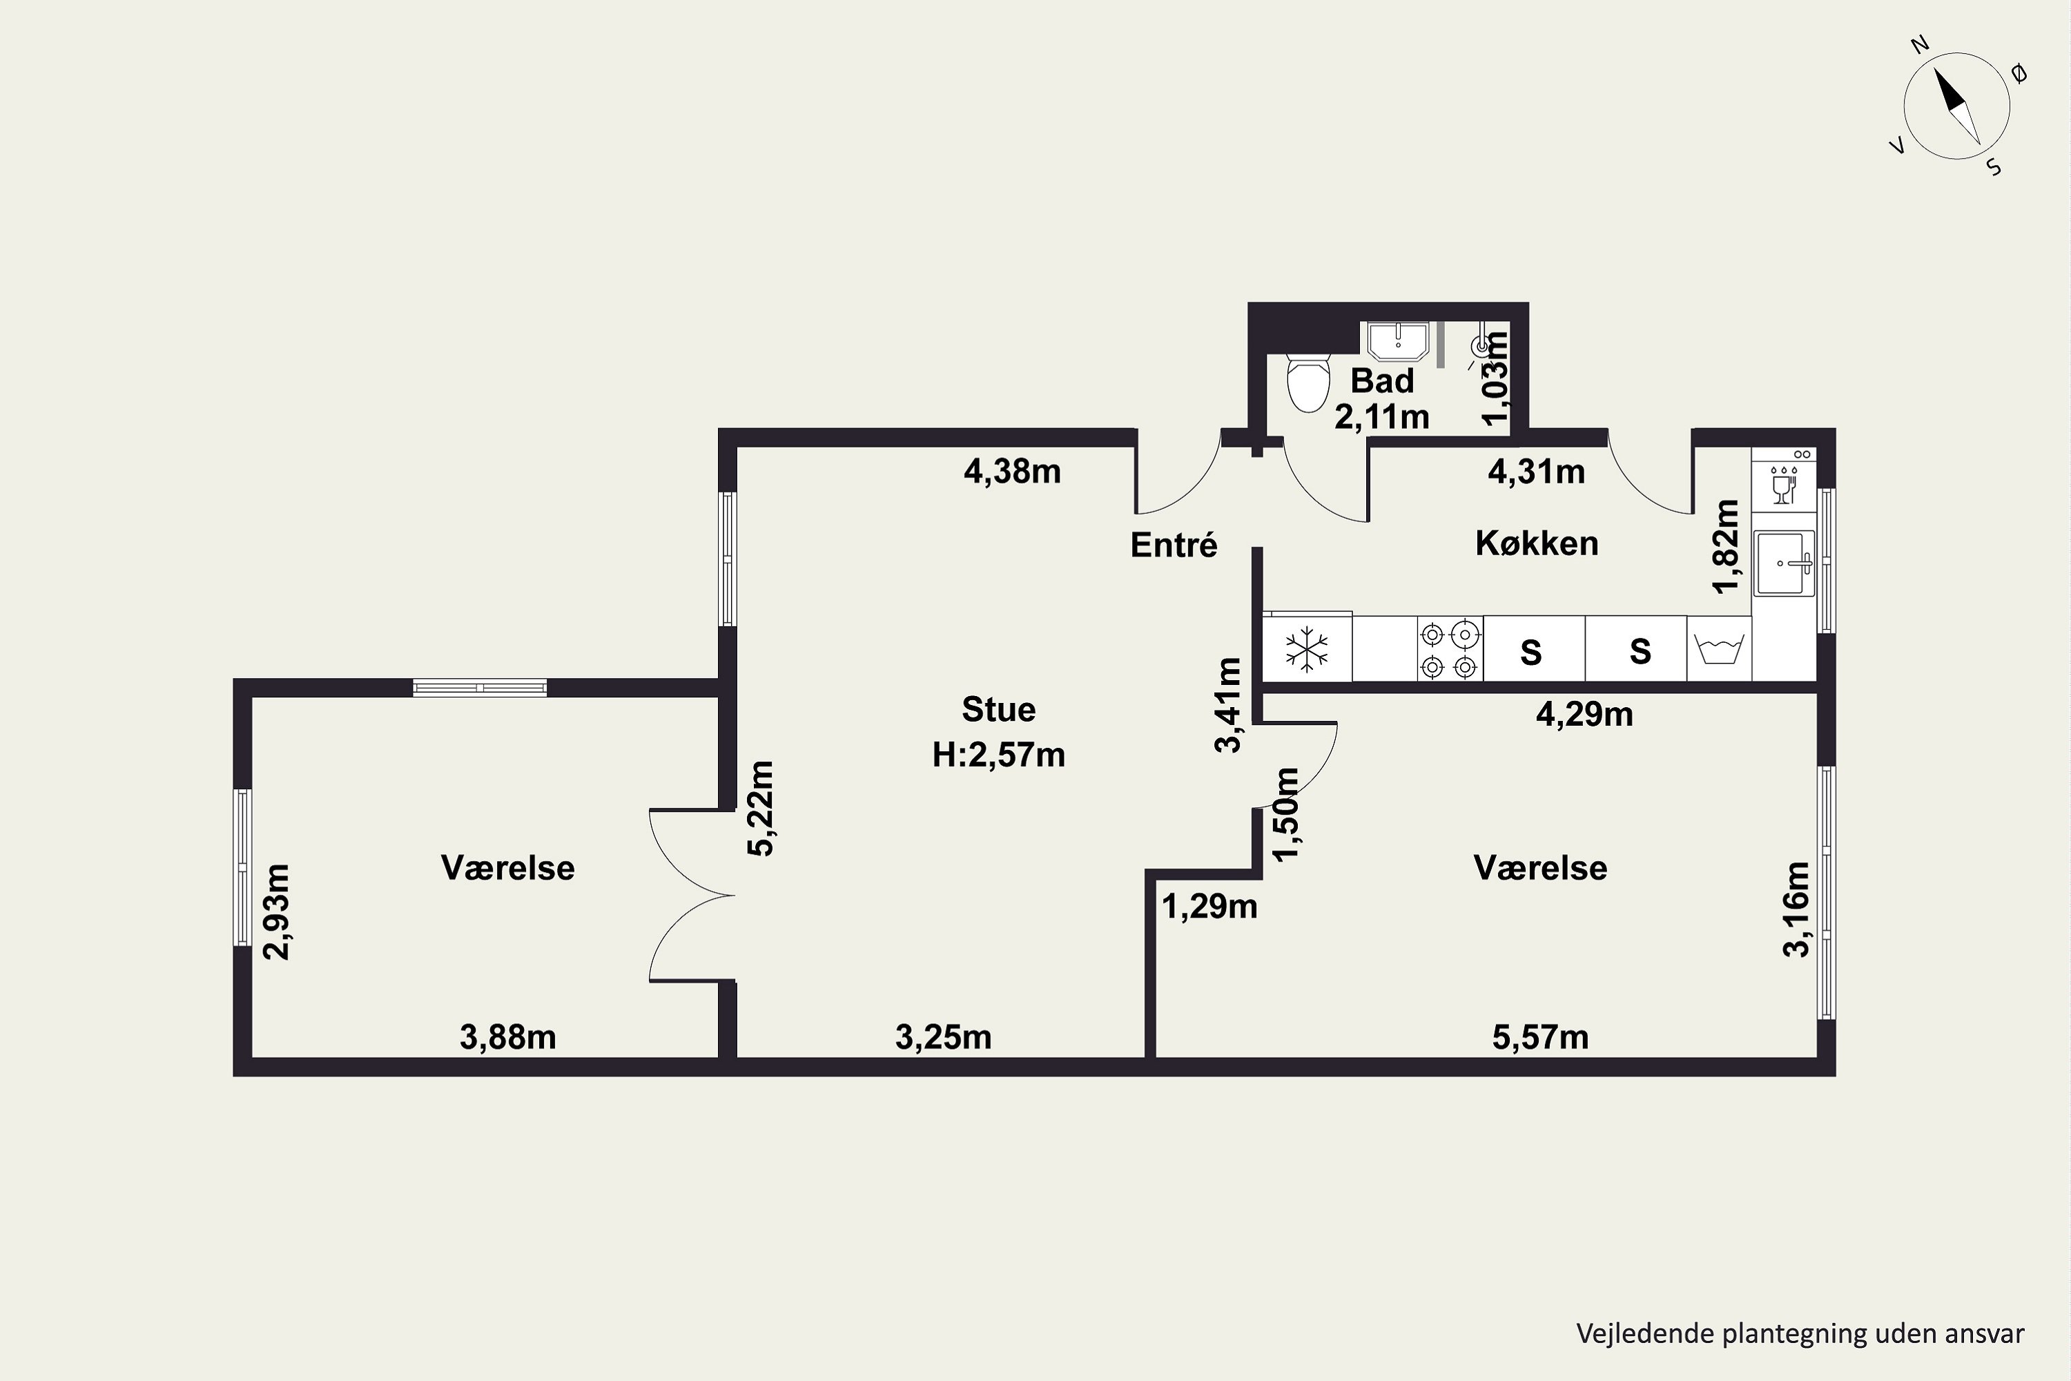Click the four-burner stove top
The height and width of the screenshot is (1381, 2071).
[1449, 649]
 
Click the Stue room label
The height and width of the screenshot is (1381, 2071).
[998, 709]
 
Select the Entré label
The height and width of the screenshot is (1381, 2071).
[1174, 545]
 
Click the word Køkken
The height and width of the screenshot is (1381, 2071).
[1537, 543]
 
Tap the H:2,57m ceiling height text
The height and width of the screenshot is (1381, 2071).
[998, 755]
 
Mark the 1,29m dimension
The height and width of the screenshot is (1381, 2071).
[1210, 906]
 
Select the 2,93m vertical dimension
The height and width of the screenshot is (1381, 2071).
[278, 911]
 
